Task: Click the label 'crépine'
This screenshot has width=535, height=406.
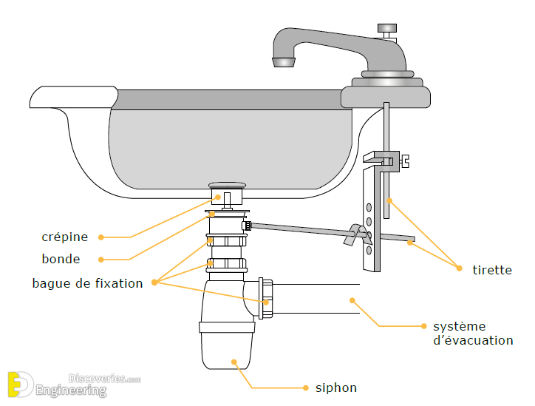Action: tap(65, 237)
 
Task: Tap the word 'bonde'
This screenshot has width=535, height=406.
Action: tap(61, 260)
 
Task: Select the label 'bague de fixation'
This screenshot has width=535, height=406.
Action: tap(87, 283)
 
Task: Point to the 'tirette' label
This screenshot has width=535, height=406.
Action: tap(492, 270)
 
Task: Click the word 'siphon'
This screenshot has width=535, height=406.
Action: tap(335, 388)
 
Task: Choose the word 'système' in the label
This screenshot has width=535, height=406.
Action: tap(460, 326)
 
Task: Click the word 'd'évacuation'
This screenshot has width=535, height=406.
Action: tap(473, 340)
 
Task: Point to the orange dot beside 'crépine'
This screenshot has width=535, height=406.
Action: tap(101, 237)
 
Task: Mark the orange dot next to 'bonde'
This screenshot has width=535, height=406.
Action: tap(101, 260)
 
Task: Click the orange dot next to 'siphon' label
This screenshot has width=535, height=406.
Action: tap(306, 388)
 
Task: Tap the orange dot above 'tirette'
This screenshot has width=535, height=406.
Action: tap(459, 268)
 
